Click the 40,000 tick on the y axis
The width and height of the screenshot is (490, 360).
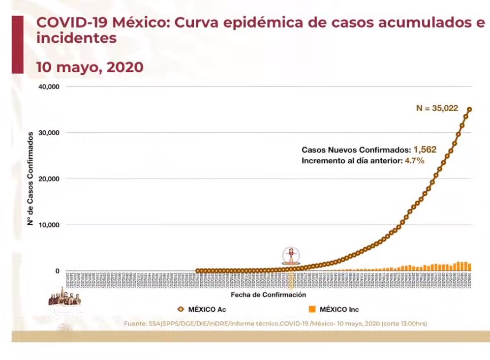point(49,87)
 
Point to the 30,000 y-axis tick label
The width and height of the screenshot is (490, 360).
point(49,133)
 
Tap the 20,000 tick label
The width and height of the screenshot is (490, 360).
point(49,179)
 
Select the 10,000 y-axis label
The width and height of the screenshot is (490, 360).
point(49,225)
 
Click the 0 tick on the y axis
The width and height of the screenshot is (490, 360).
point(57,271)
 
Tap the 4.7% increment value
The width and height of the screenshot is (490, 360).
point(414,161)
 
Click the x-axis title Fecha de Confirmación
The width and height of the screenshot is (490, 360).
point(268,295)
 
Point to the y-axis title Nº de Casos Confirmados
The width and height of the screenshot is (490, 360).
point(30,179)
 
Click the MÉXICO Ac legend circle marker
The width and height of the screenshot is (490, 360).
point(181,309)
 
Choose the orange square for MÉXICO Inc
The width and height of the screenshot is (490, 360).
point(312,309)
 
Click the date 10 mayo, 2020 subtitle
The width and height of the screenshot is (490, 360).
point(90,67)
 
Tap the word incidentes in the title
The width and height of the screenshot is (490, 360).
point(76,38)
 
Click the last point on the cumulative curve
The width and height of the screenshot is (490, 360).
point(469,110)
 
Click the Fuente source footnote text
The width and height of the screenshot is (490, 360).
point(276,324)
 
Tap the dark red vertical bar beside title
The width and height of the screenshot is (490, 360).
point(17,44)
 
